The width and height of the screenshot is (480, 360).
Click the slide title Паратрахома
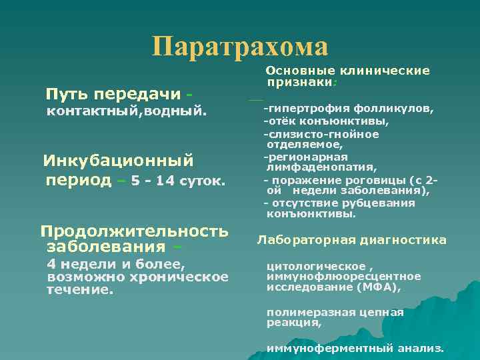coord(240,47)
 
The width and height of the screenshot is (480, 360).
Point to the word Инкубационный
coord(118,161)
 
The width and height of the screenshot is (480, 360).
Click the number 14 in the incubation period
coord(164,181)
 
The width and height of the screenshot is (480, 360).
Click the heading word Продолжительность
coord(134,231)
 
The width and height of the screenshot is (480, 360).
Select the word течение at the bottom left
coord(79,290)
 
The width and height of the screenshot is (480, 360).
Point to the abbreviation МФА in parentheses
coord(385,287)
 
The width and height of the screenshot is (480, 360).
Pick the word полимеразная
coord(303,311)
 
